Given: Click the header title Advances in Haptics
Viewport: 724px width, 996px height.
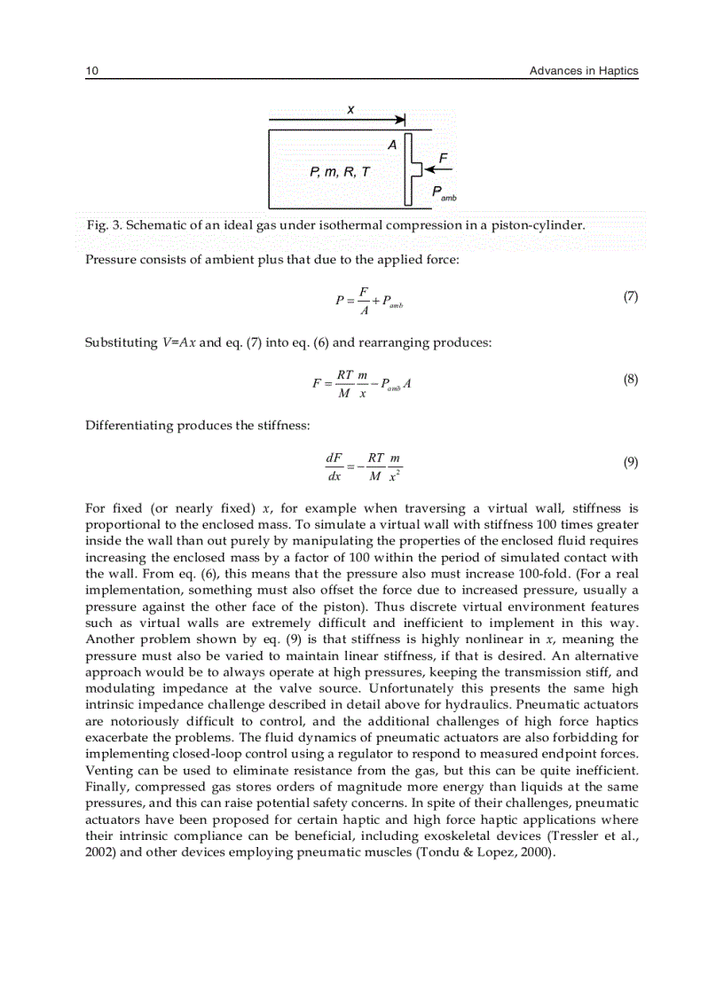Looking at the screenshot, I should [x=583, y=71].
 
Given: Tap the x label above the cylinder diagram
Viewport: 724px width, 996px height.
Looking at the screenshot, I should [x=350, y=109].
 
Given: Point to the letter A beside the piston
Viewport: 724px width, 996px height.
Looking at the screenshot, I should [x=391, y=145].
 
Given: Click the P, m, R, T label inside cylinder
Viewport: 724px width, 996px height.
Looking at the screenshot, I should [x=340, y=171].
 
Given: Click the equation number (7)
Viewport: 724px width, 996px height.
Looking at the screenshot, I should [x=630, y=297].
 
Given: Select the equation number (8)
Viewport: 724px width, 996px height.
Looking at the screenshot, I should [x=630, y=380].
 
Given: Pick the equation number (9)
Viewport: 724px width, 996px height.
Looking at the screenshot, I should [x=630, y=462].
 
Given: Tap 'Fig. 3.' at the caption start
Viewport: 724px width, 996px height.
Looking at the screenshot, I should [x=103, y=225].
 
